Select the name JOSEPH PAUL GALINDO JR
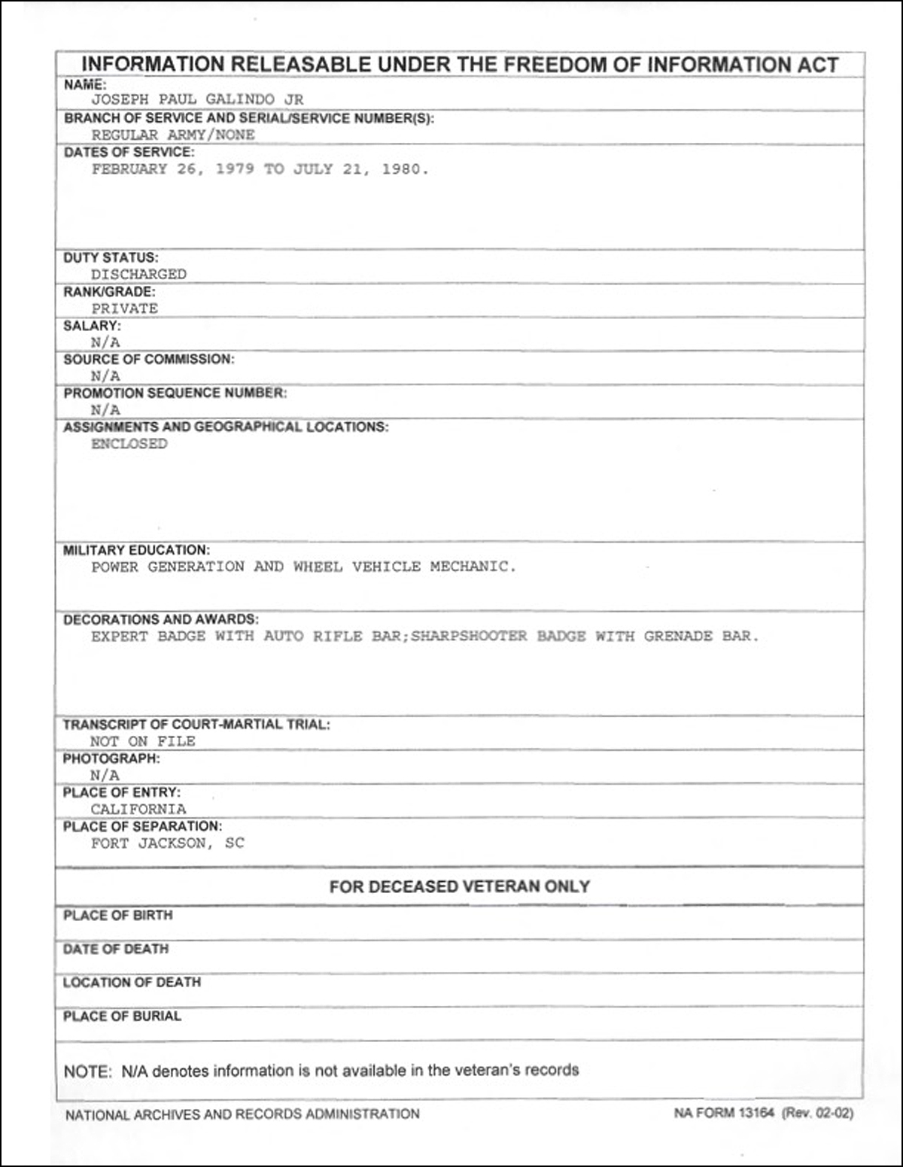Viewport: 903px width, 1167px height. (197, 99)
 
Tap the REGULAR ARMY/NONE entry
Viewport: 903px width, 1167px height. (173, 135)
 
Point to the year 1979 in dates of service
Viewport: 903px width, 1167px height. (235, 169)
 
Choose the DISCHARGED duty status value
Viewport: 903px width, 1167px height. (138, 275)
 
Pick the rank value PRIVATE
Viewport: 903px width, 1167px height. (124, 308)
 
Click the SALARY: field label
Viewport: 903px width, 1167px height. (92, 326)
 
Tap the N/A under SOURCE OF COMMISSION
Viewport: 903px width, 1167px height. (105, 376)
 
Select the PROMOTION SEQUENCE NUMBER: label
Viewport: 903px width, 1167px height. (175, 393)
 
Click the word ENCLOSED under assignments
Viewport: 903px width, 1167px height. (129, 444)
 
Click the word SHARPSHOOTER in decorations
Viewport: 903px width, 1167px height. (469, 637)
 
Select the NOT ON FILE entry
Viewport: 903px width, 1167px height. (143, 742)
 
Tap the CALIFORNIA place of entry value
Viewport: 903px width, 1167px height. (138, 810)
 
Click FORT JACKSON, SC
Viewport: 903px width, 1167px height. (167, 843)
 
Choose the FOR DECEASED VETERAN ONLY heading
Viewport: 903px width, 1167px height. (459, 886)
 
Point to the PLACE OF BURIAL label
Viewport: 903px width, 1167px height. (122, 1017)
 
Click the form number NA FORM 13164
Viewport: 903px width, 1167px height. (723, 1114)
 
